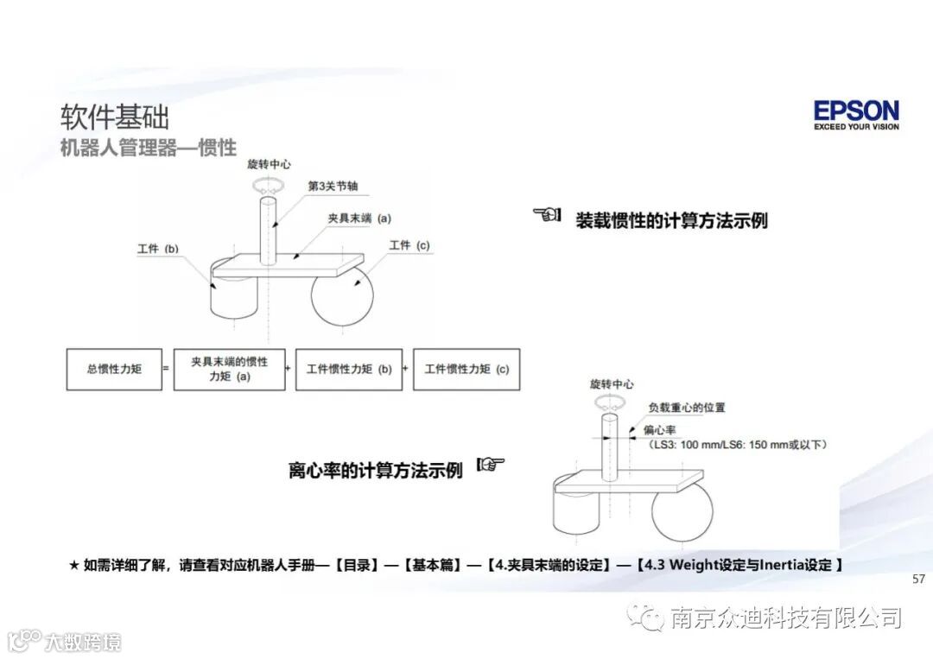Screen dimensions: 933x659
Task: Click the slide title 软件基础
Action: click(115, 117)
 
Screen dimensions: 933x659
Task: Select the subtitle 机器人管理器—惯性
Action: click(148, 147)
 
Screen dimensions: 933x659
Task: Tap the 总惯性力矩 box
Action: click(114, 369)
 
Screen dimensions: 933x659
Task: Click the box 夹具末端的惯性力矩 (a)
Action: click(229, 369)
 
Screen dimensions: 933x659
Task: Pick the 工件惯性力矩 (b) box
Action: click(348, 369)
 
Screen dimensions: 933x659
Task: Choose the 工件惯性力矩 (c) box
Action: click(466, 369)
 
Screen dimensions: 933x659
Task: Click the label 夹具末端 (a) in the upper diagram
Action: click(359, 219)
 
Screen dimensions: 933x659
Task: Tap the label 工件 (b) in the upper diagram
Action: click(157, 249)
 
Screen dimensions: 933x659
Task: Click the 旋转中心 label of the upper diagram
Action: click(269, 163)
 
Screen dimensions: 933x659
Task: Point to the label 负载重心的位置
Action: click(687, 407)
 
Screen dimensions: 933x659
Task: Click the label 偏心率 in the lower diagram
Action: click(659, 429)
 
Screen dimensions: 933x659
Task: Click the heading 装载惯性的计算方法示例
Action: click(671, 220)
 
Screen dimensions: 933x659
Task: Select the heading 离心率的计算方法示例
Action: click(376, 471)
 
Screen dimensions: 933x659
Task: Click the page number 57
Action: click(918, 579)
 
